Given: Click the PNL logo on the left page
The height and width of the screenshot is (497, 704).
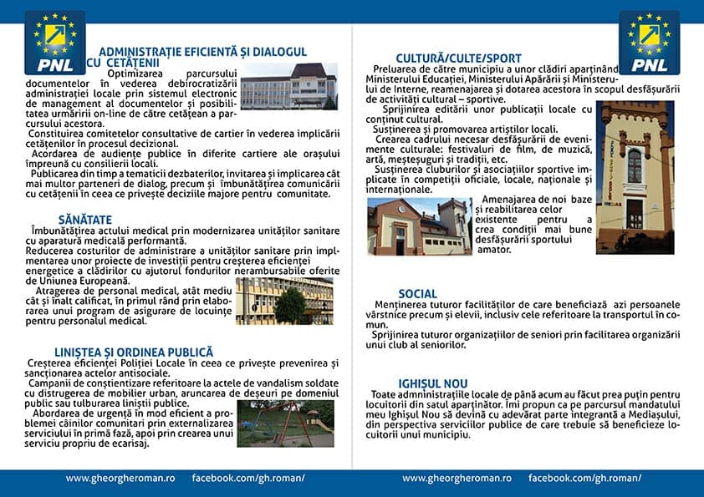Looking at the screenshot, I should [54, 43].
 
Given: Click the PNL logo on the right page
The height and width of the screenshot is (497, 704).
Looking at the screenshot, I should [649, 43].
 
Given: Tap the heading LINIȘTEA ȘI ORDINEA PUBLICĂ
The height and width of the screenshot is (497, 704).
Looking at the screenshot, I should [134, 352].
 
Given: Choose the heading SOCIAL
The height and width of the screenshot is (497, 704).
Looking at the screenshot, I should [418, 294].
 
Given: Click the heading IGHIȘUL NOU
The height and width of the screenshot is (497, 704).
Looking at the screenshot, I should [421, 383].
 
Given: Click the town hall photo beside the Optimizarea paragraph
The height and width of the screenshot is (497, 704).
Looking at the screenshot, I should [289, 87].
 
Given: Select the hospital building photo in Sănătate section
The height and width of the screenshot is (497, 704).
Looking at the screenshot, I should [284, 300].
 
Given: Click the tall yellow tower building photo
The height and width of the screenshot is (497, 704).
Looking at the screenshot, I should [635, 177].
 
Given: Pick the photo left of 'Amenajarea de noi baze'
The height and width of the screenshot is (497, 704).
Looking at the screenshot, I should [419, 226].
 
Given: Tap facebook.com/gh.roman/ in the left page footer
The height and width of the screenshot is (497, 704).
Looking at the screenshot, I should [248, 479].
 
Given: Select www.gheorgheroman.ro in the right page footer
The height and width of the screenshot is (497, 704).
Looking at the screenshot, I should [457, 479].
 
